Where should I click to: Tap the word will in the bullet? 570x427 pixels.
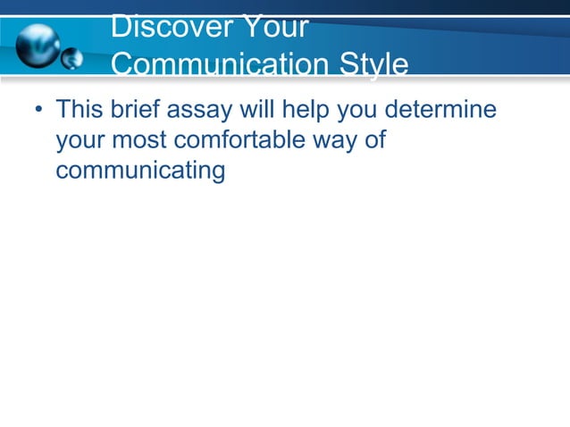252,112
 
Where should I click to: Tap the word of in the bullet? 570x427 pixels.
374,141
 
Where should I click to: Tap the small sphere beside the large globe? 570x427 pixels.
71,60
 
